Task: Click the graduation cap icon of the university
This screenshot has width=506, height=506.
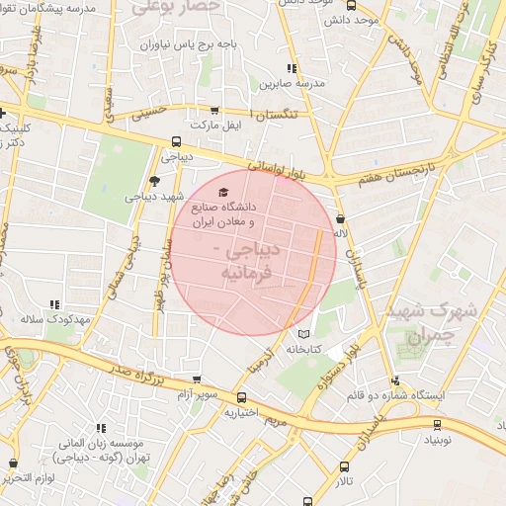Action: coord(222,192)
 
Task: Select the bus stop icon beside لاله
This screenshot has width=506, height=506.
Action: coord(341,219)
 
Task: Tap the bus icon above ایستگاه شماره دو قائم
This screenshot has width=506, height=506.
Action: coord(395,380)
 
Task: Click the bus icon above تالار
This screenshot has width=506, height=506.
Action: coord(344,466)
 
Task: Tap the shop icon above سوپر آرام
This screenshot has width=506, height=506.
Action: coord(198,379)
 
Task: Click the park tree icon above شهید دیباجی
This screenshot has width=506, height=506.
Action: coord(153,180)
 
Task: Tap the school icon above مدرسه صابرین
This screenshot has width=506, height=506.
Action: coord(291,68)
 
